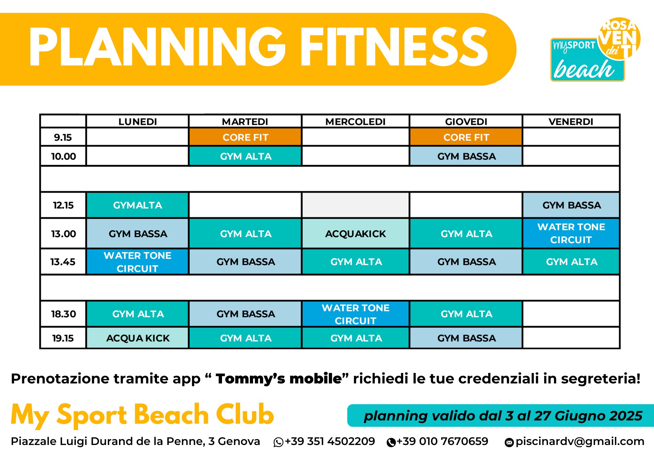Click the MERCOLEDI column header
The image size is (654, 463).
click(355, 122)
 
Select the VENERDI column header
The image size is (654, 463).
click(571, 122)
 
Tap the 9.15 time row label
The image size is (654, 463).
click(63, 137)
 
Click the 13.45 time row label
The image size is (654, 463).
click(63, 262)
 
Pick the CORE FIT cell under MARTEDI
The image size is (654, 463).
click(245, 137)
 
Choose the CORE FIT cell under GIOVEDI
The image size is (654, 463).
click(466, 137)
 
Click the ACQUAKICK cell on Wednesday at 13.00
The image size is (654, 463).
click(355, 233)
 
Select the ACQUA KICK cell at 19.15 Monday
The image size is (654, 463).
click(138, 338)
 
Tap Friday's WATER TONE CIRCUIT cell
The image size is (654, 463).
click(571, 233)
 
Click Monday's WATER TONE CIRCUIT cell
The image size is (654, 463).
click(138, 262)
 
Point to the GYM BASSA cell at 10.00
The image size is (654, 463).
click(466, 156)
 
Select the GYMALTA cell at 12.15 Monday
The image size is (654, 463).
click(138, 205)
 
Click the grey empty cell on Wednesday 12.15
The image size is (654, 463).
click(355, 205)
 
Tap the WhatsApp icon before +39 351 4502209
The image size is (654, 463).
click(278, 442)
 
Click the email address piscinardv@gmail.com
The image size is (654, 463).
click(580, 441)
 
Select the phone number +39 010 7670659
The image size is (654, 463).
click(442, 441)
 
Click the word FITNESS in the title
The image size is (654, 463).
click(394, 47)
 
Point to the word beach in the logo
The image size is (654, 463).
click(584, 69)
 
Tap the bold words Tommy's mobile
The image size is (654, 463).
click(279, 379)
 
